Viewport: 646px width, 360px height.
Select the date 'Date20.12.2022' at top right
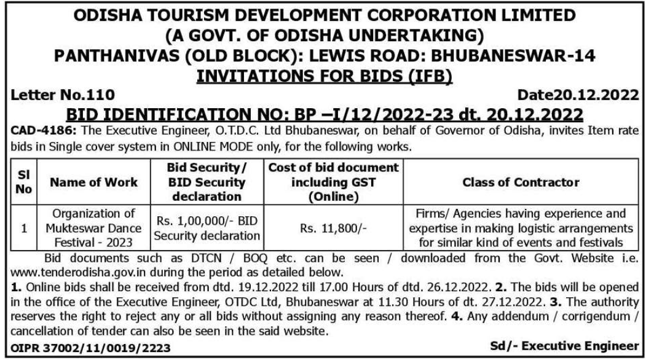coord(578,95)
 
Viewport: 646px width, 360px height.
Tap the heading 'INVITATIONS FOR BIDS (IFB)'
coord(322,76)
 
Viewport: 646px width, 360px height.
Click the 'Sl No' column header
coord(23,182)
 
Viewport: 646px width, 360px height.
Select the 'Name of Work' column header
coord(94,182)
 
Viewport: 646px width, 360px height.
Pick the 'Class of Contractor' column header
coord(520,182)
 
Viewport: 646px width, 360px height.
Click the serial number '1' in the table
coord(23,229)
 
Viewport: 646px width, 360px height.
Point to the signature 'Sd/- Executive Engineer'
coord(564,346)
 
